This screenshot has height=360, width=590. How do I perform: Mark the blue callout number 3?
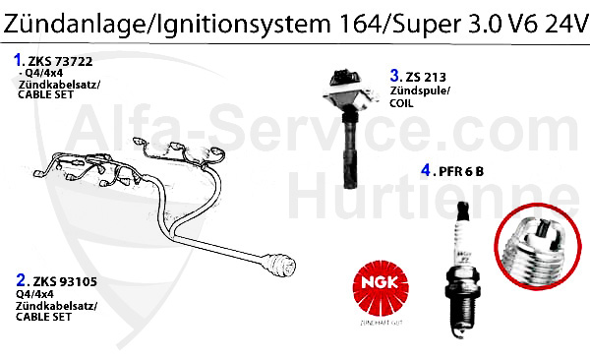[394, 75]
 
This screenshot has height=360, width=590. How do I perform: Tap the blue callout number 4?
[425, 170]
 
